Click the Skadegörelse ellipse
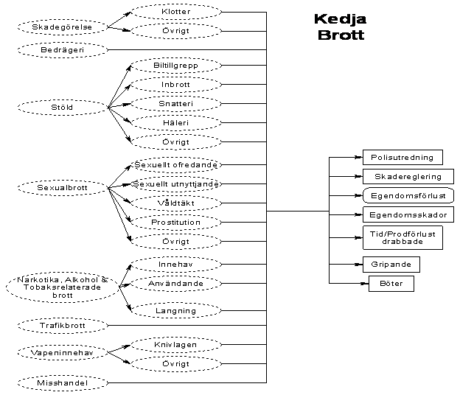tap(62, 27)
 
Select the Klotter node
tap(176, 12)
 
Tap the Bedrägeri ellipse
tap(62, 50)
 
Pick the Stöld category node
tap(62, 108)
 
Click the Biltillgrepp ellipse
tap(176, 66)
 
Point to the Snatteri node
tap(176, 103)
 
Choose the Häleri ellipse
tap(176, 122)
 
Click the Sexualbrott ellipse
tap(62, 188)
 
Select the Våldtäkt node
tap(176, 203)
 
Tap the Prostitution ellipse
tap(176, 223)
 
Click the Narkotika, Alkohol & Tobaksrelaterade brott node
tap(62, 287)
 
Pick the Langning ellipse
tap(176, 310)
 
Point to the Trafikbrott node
tap(62, 326)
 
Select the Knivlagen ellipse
tap(176, 345)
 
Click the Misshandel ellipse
tap(62, 383)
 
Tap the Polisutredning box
tap(402, 158)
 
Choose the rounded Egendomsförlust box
tap(408, 195)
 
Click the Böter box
tap(391, 284)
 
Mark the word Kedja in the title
tap(341, 19)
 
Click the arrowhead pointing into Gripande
tap(358, 265)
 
